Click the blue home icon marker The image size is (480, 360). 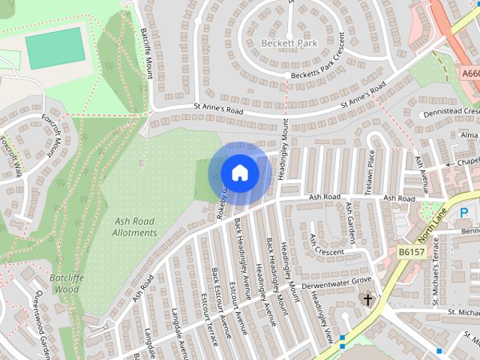(239, 173)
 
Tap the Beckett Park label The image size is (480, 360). (289, 43)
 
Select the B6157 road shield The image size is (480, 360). (412, 252)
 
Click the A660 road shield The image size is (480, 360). (470, 73)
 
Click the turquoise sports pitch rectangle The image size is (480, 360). (55, 48)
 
